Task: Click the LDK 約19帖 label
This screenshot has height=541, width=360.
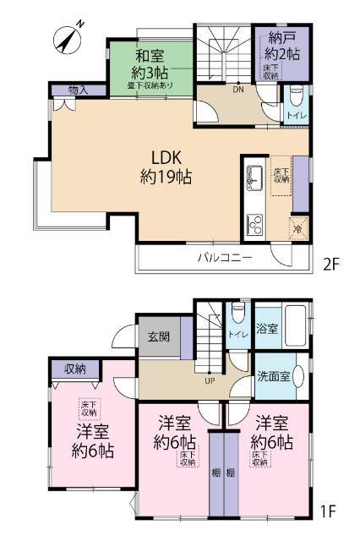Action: click(x=164, y=167)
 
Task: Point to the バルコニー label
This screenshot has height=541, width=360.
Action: click(x=225, y=257)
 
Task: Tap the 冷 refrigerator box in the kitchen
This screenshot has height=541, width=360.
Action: click(x=297, y=226)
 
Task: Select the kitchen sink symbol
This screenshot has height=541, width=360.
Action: click(x=254, y=179)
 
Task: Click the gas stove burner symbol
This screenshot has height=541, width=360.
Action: click(x=254, y=224)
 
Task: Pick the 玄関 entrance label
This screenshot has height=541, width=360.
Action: click(x=158, y=337)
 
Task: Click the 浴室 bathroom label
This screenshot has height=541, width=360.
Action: click(x=267, y=329)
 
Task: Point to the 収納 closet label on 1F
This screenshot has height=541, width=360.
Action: click(x=75, y=369)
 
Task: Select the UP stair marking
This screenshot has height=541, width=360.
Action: click(x=208, y=381)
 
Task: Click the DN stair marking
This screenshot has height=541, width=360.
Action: click(x=238, y=89)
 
